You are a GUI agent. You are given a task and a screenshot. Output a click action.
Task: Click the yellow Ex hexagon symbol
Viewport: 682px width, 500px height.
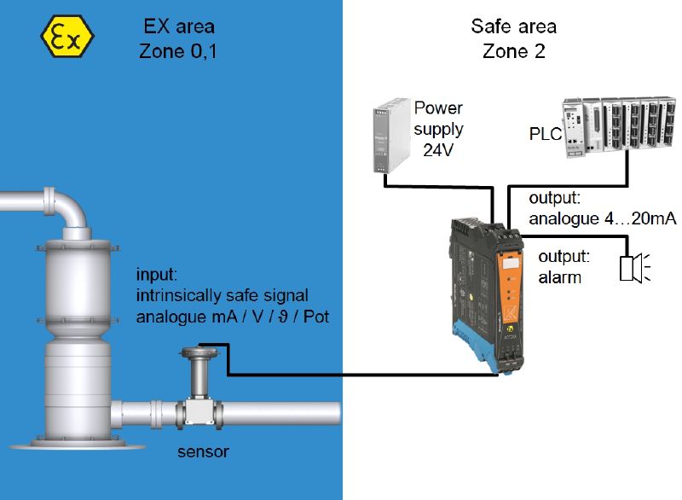point(67,37)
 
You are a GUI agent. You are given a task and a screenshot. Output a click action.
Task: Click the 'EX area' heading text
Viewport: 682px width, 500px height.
point(179,26)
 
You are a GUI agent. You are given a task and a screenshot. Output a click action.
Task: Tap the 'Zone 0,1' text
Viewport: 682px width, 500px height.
point(178,51)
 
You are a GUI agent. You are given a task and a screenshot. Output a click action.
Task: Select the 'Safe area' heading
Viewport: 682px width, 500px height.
point(514,26)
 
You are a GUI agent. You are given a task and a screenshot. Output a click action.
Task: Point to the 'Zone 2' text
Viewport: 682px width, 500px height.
point(514,51)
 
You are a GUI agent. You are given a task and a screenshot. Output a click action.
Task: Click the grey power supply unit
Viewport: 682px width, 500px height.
point(391,136)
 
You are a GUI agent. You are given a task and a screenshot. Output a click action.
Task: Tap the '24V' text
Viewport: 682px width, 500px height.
point(438,150)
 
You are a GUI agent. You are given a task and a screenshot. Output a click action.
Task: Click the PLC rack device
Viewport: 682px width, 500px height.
point(620,126)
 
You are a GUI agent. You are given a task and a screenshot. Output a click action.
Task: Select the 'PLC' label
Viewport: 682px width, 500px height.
point(546,134)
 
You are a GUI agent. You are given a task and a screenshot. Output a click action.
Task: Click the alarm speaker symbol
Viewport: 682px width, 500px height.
point(634,269)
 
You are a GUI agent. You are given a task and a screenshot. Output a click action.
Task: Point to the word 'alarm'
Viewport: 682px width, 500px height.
point(560,277)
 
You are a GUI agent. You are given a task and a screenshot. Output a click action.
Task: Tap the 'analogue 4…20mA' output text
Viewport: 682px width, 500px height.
point(603,218)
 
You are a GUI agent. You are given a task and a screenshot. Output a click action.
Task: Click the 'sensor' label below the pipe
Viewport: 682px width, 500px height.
point(203,451)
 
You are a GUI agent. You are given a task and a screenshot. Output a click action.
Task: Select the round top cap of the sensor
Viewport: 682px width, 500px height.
point(199,352)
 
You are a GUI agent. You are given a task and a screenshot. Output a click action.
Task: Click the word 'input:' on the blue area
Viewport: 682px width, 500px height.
point(157,275)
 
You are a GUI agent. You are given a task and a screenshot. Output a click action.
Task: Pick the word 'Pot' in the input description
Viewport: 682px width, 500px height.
point(316,317)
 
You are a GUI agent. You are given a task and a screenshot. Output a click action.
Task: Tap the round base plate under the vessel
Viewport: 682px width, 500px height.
point(78,445)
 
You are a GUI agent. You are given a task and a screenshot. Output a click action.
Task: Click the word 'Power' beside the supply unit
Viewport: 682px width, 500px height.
point(438,108)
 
